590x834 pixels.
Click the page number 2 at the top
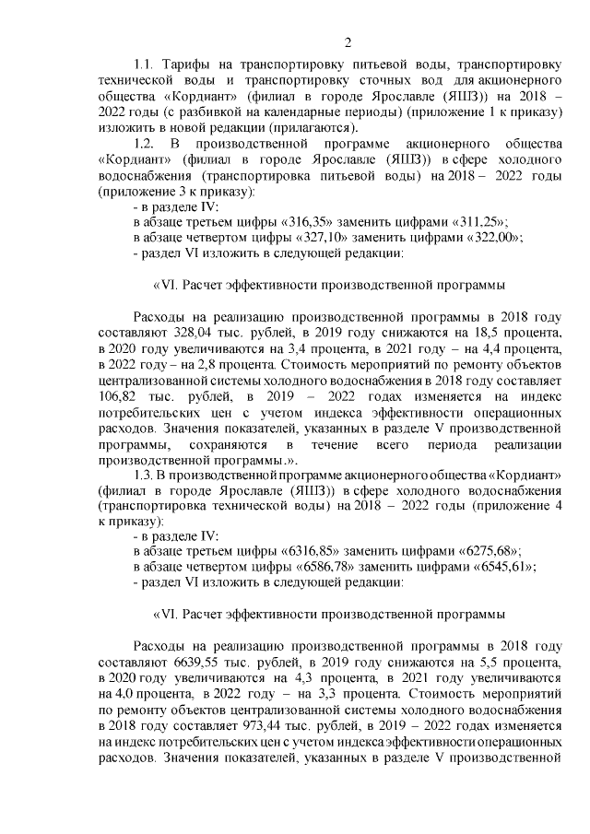[x=347, y=41]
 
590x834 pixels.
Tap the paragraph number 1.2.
[x=147, y=144]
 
